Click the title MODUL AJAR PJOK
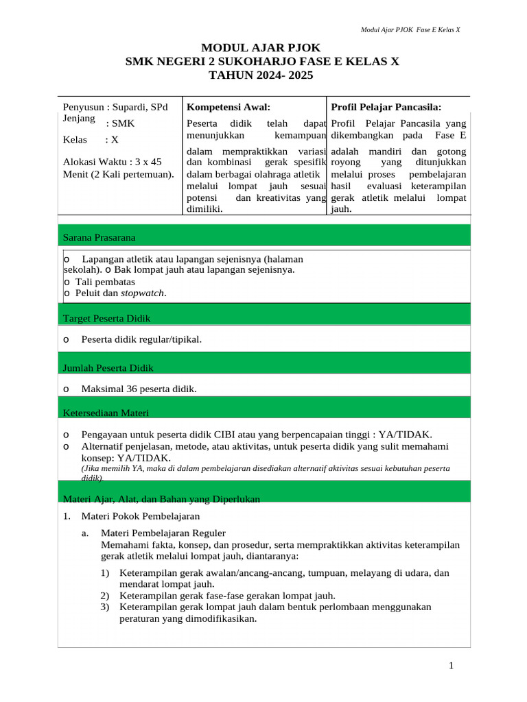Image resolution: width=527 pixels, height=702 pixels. pyautogui.click(x=260, y=47)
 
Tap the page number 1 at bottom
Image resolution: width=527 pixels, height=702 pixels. pyautogui.click(x=451, y=666)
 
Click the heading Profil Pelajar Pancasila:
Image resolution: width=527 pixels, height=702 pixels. pyautogui.click(x=386, y=107)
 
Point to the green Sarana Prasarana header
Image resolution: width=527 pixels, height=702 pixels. pyautogui.click(x=99, y=237)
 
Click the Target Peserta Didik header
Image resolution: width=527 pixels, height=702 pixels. pyautogui.click(x=107, y=318)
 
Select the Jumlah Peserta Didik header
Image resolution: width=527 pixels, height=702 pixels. pyautogui.click(x=108, y=368)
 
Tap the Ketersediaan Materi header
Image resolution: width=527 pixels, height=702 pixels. pyautogui.click(x=106, y=413)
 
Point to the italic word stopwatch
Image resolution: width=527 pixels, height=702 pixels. pyautogui.click(x=143, y=293)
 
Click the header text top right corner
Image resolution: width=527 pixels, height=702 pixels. pyautogui.click(x=410, y=30)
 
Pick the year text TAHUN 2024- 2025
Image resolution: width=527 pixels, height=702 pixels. pyautogui.click(x=260, y=75)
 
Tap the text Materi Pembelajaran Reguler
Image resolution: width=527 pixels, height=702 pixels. pyautogui.click(x=163, y=533)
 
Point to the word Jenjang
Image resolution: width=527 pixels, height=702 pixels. pyautogui.click(x=79, y=118)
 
